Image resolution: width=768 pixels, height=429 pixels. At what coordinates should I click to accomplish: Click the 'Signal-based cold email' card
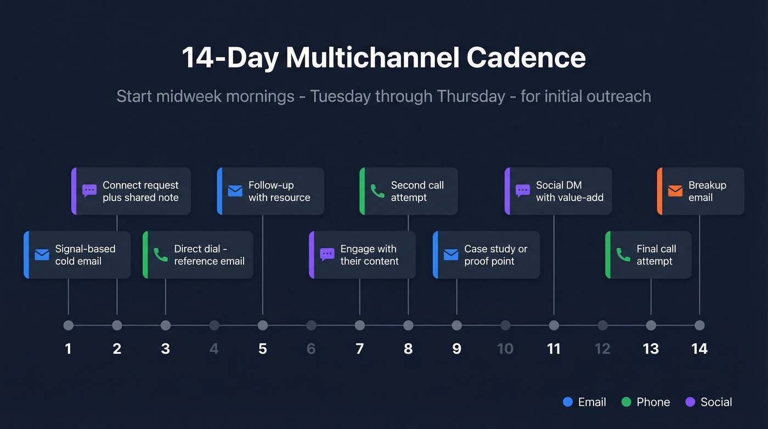pos(77,255)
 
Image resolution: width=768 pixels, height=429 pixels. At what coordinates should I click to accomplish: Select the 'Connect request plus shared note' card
pos(131,191)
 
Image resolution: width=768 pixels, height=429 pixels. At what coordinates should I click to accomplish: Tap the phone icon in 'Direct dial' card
pos(160,255)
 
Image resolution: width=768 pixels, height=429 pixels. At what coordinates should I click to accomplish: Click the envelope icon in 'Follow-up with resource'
pos(235,191)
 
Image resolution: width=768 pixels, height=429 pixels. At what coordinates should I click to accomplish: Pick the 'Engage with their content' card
pos(363,255)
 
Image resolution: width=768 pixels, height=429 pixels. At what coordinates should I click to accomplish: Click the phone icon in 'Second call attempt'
pos(377,191)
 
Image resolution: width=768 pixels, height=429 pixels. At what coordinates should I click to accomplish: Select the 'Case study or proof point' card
pos(487,255)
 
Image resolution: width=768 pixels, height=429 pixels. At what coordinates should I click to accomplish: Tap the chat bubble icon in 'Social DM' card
pos(522,191)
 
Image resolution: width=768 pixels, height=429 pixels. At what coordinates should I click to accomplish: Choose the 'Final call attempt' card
pos(648,255)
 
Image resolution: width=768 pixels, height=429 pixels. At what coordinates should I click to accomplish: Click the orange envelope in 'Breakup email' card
pos(675,191)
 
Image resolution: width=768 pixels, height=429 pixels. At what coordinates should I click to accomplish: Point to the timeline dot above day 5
pos(263,325)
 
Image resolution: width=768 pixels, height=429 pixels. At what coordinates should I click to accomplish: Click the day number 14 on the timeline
pos(699,348)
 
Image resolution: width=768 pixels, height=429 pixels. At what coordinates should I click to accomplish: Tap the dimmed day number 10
pos(505,348)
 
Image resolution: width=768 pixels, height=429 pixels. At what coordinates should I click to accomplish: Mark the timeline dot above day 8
pos(408,325)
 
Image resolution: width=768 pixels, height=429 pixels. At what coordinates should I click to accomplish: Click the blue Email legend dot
pos(568,402)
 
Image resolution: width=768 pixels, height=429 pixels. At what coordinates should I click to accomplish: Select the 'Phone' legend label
pos(653,402)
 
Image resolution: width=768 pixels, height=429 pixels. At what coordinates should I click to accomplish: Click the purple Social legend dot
pos(690,402)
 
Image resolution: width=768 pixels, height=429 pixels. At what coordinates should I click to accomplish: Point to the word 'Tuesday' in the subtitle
pos(340,96)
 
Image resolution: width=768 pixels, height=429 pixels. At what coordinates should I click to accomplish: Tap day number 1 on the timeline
pos(68,348)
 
